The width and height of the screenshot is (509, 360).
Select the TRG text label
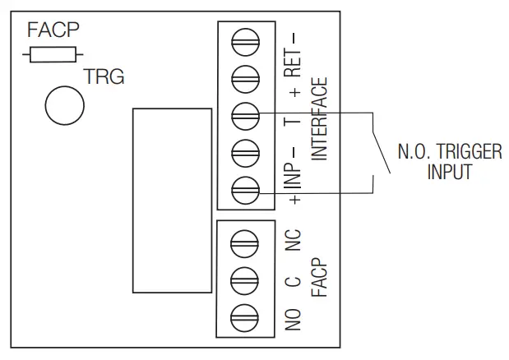(104, 78)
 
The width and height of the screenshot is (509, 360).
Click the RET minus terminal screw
(246, 39)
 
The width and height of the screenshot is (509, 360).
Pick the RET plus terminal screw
(246, 76)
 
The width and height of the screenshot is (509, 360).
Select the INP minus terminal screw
(246, 151)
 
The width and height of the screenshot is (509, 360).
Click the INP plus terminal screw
(246, 189)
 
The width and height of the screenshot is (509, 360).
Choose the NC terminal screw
(246, 241)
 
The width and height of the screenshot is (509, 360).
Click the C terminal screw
(246, 278)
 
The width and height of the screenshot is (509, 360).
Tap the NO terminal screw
(246, 316)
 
